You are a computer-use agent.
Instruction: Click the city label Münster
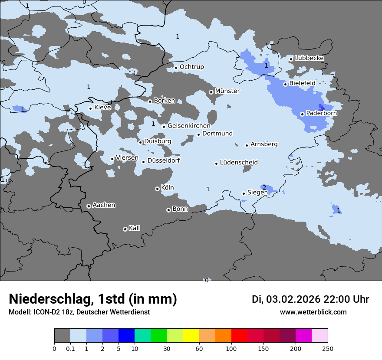pyautogui.click(x=227, y=91)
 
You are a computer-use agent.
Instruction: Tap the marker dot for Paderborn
pyautogui.click(x=302, y=114)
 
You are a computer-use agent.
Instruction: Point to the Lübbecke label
pyautogui.click(x=309, y=58)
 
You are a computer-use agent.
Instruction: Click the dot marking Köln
pyautogui.click(x=157, y=189)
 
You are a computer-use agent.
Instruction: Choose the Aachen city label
pyautogui.click(x=104, y=205)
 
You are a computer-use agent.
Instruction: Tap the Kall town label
pyautogui.click(x=135, y=228)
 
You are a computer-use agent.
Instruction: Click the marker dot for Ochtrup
pyautogui.click(x=176, y=67)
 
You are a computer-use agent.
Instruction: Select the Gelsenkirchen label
pyautogui.click(x=189, y=126)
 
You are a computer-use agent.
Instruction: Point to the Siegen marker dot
pyautogui.click(x=244, y=193)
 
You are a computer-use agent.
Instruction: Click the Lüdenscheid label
pyautogui.click(x=239, y=163)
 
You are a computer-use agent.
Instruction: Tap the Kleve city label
pyautogui.click(x=102, y=108)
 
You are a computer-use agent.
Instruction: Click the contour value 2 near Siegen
pyautogui.click(x=264, y=187)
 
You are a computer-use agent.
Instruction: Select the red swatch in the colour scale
pyautogui.click(x=239, y=336)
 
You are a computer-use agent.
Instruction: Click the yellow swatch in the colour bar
pyautogui.click(x=191, y=336)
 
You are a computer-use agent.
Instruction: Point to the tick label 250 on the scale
pyautogui.click(x=327, y=348)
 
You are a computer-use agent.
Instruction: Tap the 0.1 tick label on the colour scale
pyautogui.click(x=70, y=348)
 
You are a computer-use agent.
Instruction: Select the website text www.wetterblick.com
pyautogui.click(x=313, y=312)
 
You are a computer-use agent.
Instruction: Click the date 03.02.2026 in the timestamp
pyautogui.click(x=293, y=299)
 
